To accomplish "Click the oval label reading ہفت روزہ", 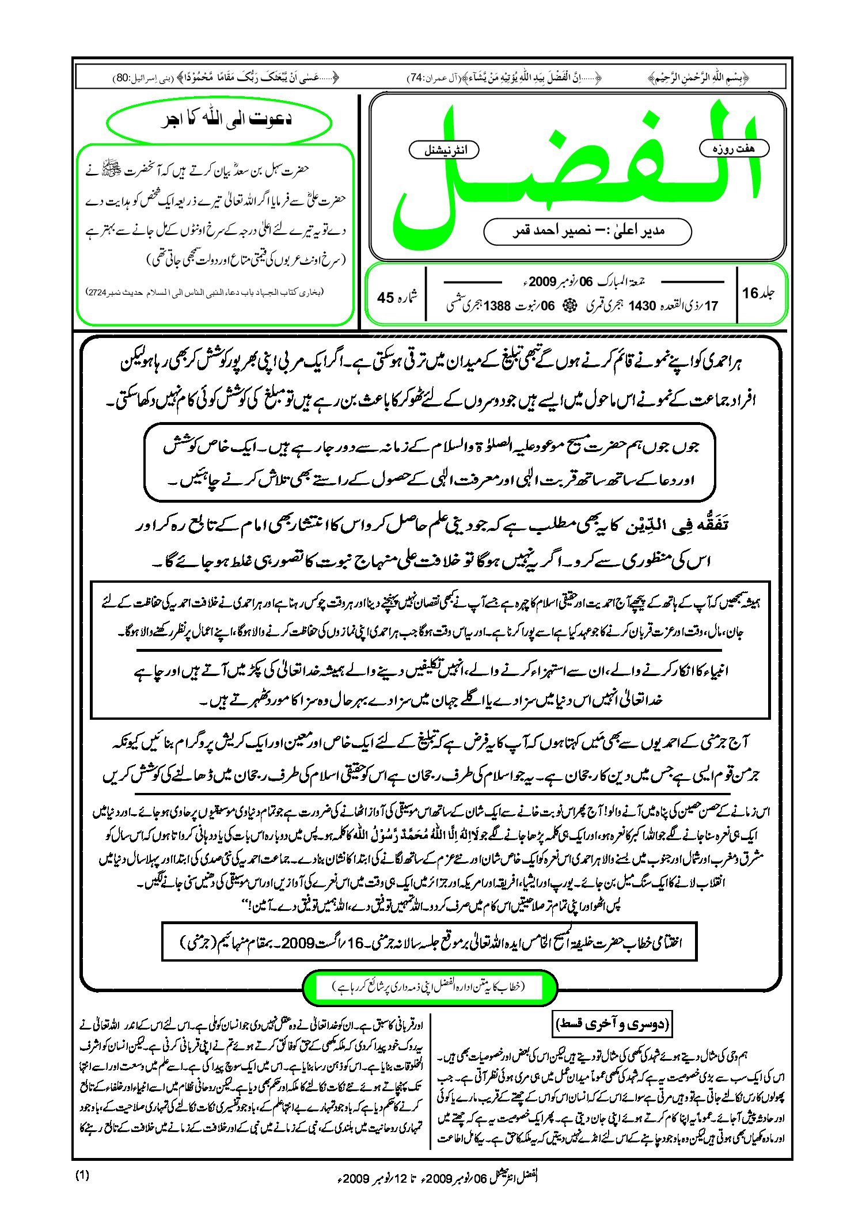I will (734, 149).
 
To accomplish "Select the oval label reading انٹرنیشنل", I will (445, 150).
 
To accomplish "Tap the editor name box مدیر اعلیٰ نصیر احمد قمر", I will (587, 231).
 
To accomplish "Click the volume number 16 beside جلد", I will (750, 293).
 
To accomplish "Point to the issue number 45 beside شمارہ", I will (385, 298).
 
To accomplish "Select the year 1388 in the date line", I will (497, 306).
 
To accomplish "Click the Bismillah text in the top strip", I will (698, 78).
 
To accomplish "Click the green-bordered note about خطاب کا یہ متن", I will (430, 987).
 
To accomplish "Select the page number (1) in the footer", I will (82, 1176).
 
